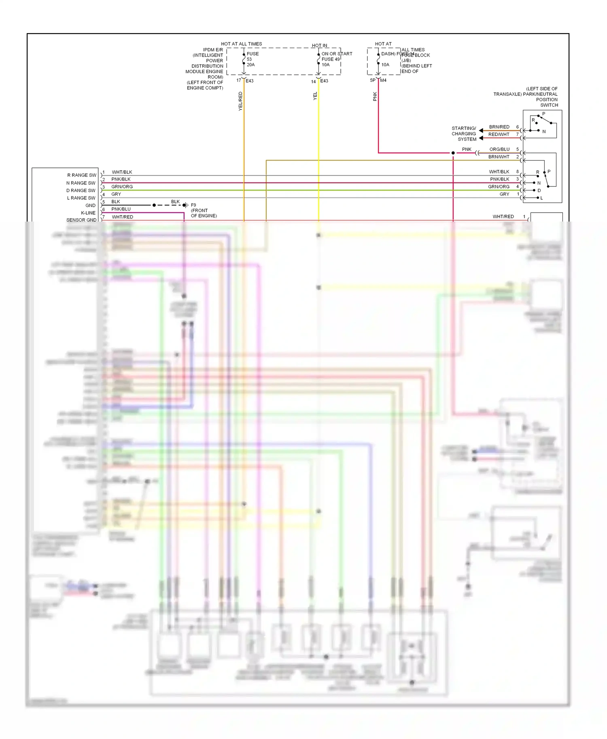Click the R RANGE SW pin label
pos(82,175)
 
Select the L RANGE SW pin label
pos(81,198)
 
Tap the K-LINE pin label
pos(88,213)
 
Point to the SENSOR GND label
pos(81,220)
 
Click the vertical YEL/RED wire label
pos(240,101)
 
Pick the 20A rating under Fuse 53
pos(251,65)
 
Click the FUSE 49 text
pos(331,59)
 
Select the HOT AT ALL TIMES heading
pos(241,44)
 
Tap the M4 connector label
pos(383,80)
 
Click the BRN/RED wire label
pos(499,127)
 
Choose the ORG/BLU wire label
pos(499,149)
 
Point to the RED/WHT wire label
pos(499,134)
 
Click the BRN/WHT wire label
pos(499,156)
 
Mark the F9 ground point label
pos(193,205)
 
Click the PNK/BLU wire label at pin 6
pos(121,209)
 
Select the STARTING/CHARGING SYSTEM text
pos(464,134)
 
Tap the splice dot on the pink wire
pos(453,153)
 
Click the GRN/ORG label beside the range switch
pos(499,186)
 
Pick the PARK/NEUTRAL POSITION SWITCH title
pos(526,97)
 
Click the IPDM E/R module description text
pos(205,69)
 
